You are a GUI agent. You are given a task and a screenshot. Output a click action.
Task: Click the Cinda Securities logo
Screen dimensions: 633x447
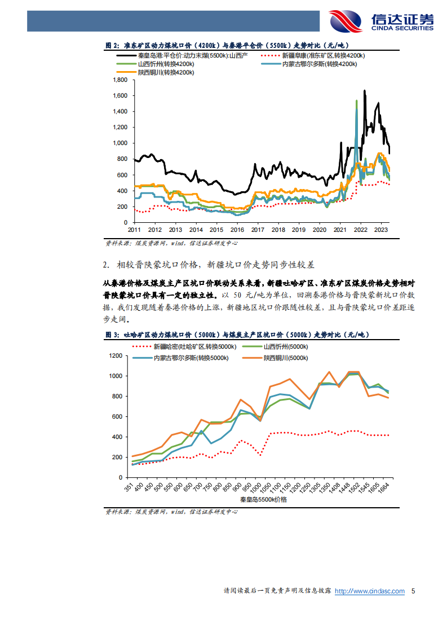[381, 20]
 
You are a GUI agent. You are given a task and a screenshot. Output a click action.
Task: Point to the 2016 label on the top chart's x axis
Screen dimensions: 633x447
[237, 230]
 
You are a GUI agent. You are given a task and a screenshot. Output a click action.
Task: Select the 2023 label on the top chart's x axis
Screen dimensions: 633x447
[381, 230]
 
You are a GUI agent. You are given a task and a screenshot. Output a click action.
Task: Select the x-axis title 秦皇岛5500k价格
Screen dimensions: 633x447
[263, 500]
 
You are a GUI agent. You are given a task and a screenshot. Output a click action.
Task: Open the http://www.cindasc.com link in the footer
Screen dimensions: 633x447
[370, 591]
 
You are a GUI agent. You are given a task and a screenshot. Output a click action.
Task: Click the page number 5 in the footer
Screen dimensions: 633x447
[413, 591]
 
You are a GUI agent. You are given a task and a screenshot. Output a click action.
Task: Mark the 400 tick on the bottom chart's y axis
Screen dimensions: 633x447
[117, 437]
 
